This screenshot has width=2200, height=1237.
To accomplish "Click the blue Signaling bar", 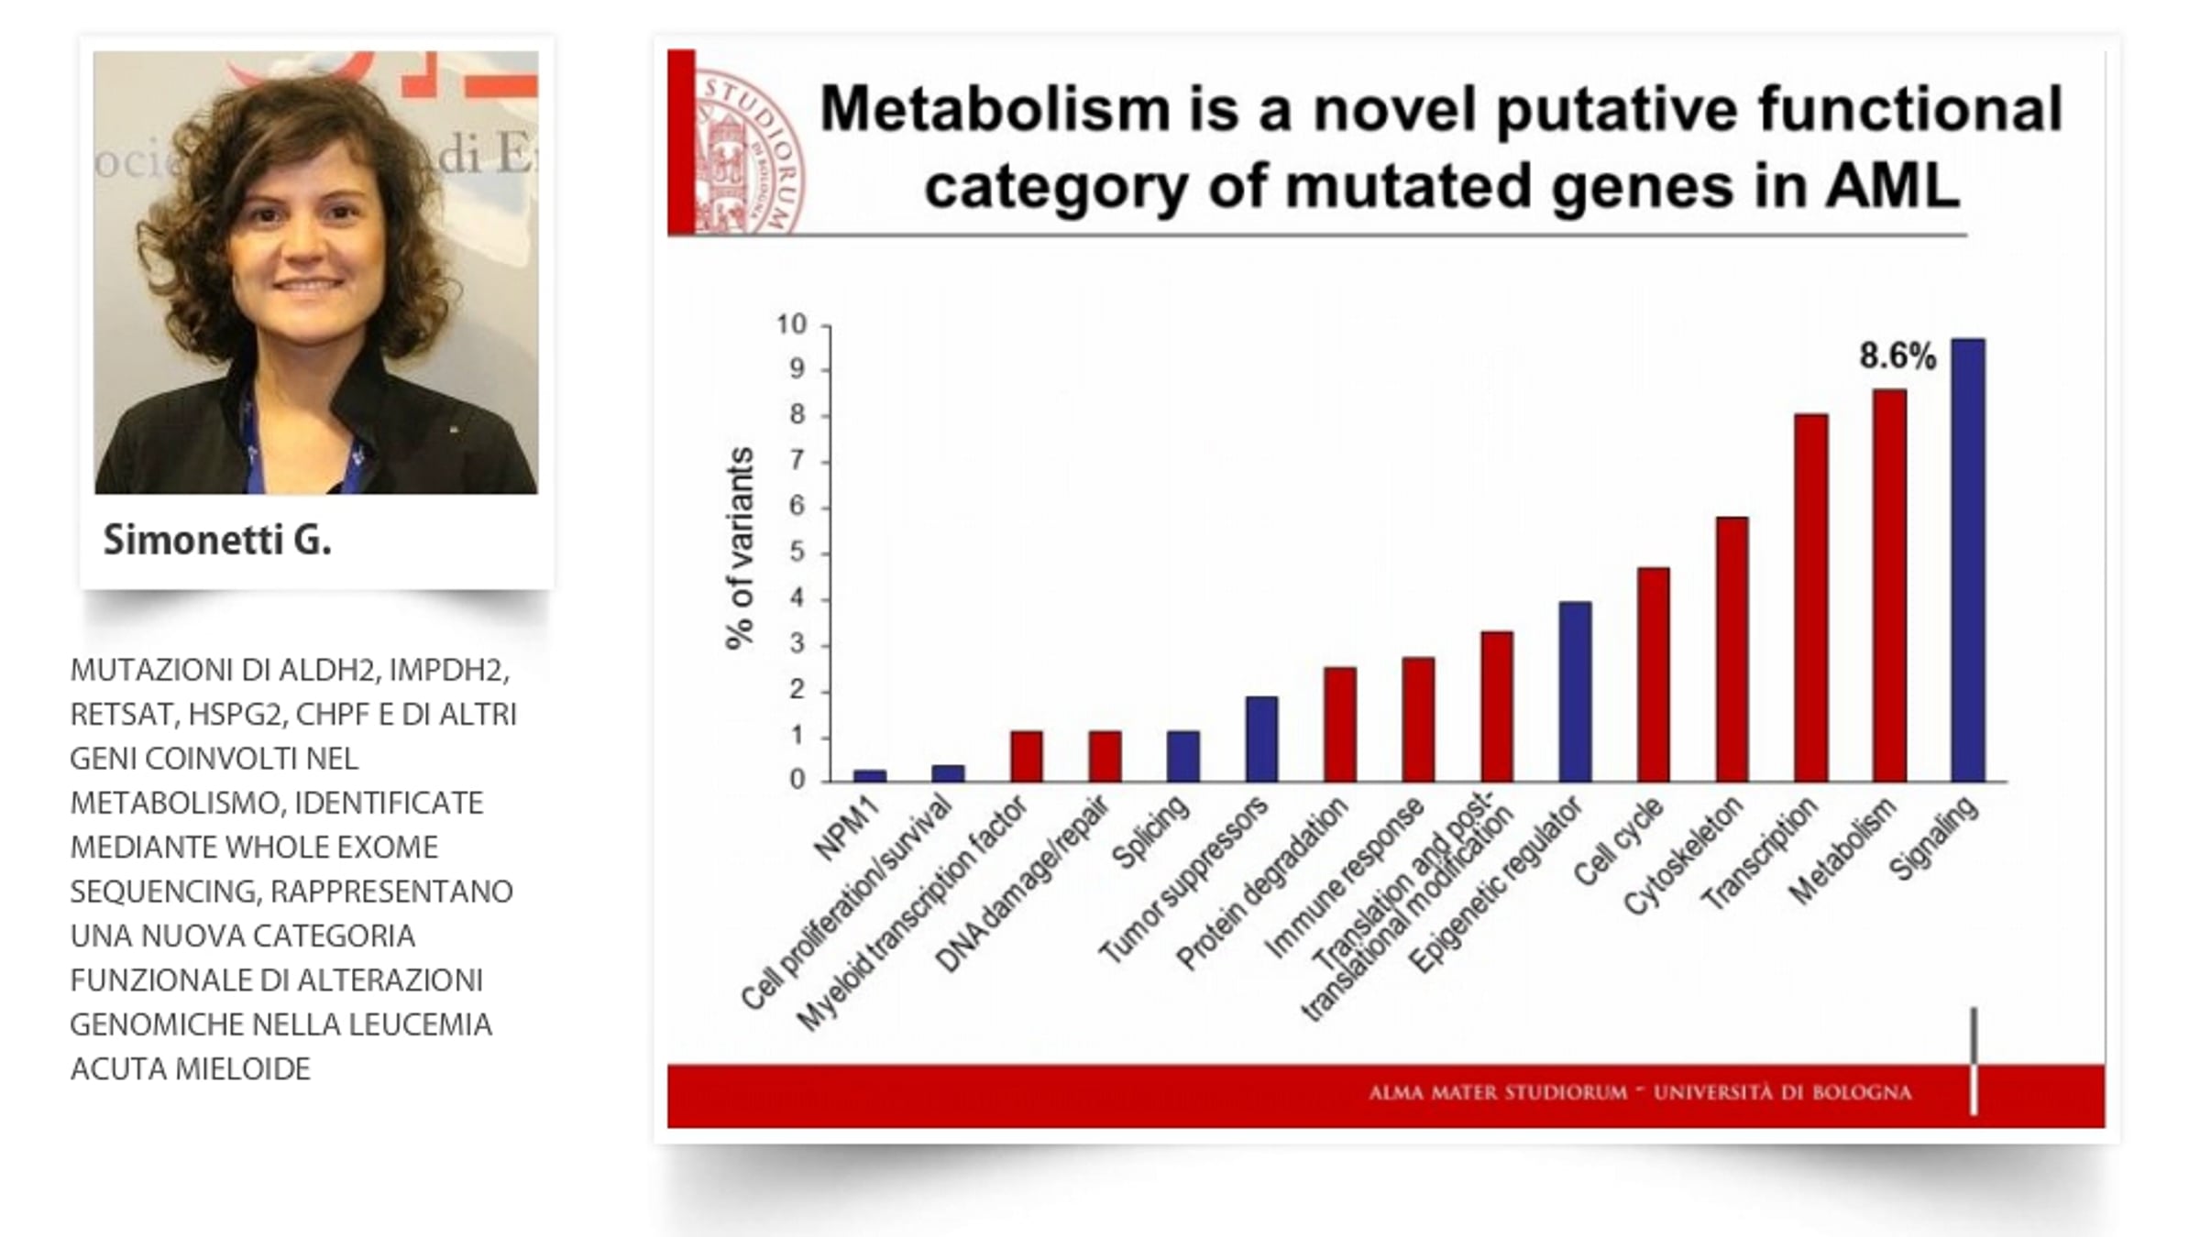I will click(x=1967, y=561).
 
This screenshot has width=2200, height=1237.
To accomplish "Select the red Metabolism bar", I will click(x=1889, y=586).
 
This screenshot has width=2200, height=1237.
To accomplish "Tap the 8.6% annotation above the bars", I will click(x=1897, y=356).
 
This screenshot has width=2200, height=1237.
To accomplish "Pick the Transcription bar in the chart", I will click(x=1810, y=598).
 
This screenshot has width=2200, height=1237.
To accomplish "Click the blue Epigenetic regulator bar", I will click(x=1575, y=692).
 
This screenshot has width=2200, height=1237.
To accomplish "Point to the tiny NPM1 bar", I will click(x=869, y=776).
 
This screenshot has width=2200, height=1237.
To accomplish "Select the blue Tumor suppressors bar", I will click(x=1261, y=739).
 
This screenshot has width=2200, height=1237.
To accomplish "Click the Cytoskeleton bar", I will click(x=1732, y=650).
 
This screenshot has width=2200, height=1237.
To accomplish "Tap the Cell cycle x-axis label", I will click(x=1619, y=842).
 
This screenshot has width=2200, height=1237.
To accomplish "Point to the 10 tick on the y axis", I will click(x=791, y=324).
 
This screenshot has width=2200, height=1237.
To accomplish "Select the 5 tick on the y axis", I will click(x=797, y=553).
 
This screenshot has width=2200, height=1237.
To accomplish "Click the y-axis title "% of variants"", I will click(x=739, y=548).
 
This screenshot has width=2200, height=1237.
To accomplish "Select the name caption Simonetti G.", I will click(x=217, y=541).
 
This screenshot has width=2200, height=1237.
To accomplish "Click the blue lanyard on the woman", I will click(x=254, y=449).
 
